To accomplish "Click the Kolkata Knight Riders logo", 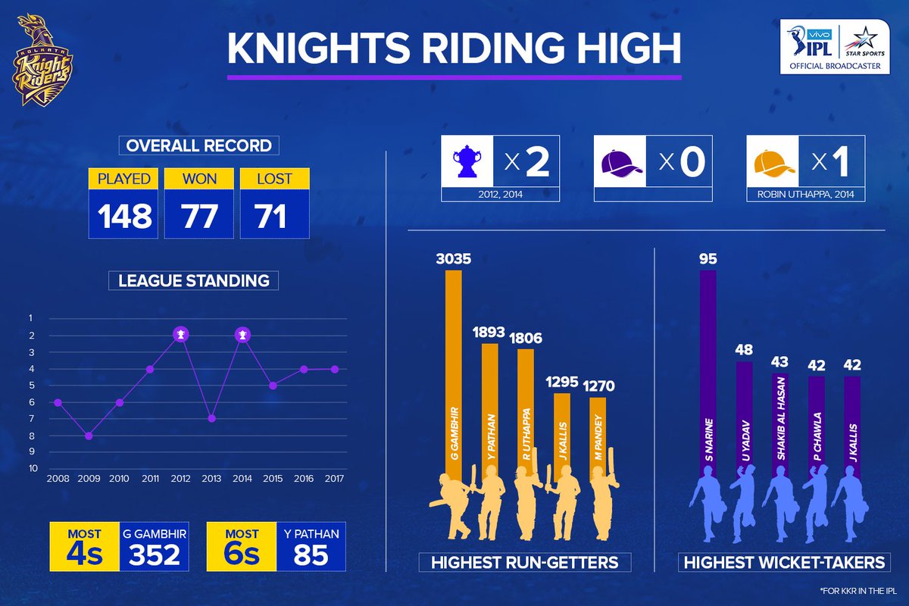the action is [42, 60].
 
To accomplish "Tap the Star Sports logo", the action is [865, 44].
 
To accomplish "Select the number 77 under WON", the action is [198, 216].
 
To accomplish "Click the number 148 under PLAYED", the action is [124, 216].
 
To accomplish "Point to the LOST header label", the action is [274, 179].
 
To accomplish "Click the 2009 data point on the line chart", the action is [89, 436].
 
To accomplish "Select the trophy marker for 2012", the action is [181, 335].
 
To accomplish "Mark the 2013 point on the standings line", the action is [212, 418].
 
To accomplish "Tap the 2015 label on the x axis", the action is [273, 479].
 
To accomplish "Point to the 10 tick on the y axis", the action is [33, 468].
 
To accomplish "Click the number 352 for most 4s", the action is [155, 554].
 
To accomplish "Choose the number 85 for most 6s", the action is [311, 554].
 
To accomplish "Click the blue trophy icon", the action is [467, 161].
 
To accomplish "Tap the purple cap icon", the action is [620, 163].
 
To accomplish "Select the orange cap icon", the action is [773, 163].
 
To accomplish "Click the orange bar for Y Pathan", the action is [490, 407].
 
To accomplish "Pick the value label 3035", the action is [453, 258].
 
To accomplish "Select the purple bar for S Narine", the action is [708, 373].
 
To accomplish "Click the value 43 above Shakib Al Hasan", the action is [779, 361].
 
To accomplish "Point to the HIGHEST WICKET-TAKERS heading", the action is [784, 563].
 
